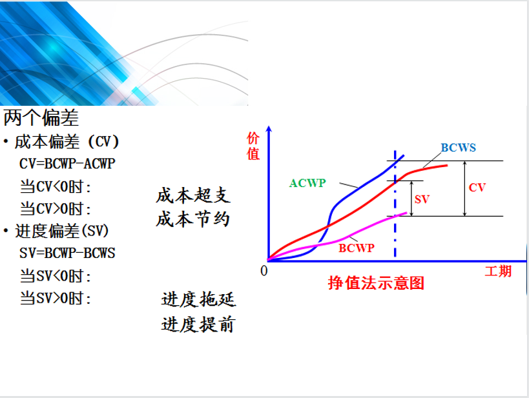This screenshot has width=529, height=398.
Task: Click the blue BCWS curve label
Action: click(458, 148)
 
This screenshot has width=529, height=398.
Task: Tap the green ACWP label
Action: click(307, 183)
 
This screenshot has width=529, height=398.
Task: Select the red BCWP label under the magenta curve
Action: click(357, 248)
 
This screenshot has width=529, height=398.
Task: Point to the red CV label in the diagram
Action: click(477, 187)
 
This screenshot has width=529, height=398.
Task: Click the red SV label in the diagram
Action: click(422, 199)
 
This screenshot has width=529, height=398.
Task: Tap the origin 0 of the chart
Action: click(264, 271)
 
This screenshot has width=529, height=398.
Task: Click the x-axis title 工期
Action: click(498, 271)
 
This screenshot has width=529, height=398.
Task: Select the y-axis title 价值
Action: click(253, 146)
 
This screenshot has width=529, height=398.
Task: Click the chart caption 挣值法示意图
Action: click(376, 283)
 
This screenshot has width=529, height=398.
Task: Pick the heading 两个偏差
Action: click(41, 117)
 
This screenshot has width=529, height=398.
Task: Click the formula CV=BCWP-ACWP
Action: click(67, 164)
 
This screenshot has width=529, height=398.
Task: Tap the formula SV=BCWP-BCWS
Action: click(67, 253)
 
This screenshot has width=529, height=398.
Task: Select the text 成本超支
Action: click(193, 196)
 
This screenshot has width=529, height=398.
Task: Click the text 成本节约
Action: click(193, 219)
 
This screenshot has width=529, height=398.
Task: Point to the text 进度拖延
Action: click(198, 299)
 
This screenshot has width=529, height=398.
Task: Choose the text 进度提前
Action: click(198, 324)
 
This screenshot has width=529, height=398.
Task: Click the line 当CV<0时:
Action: click(56, 186)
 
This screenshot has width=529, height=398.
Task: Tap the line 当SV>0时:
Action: click(56, 298)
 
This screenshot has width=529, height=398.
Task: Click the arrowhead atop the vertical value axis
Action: click(269, 128)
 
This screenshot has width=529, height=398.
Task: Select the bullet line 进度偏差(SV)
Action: click(56, 231)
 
